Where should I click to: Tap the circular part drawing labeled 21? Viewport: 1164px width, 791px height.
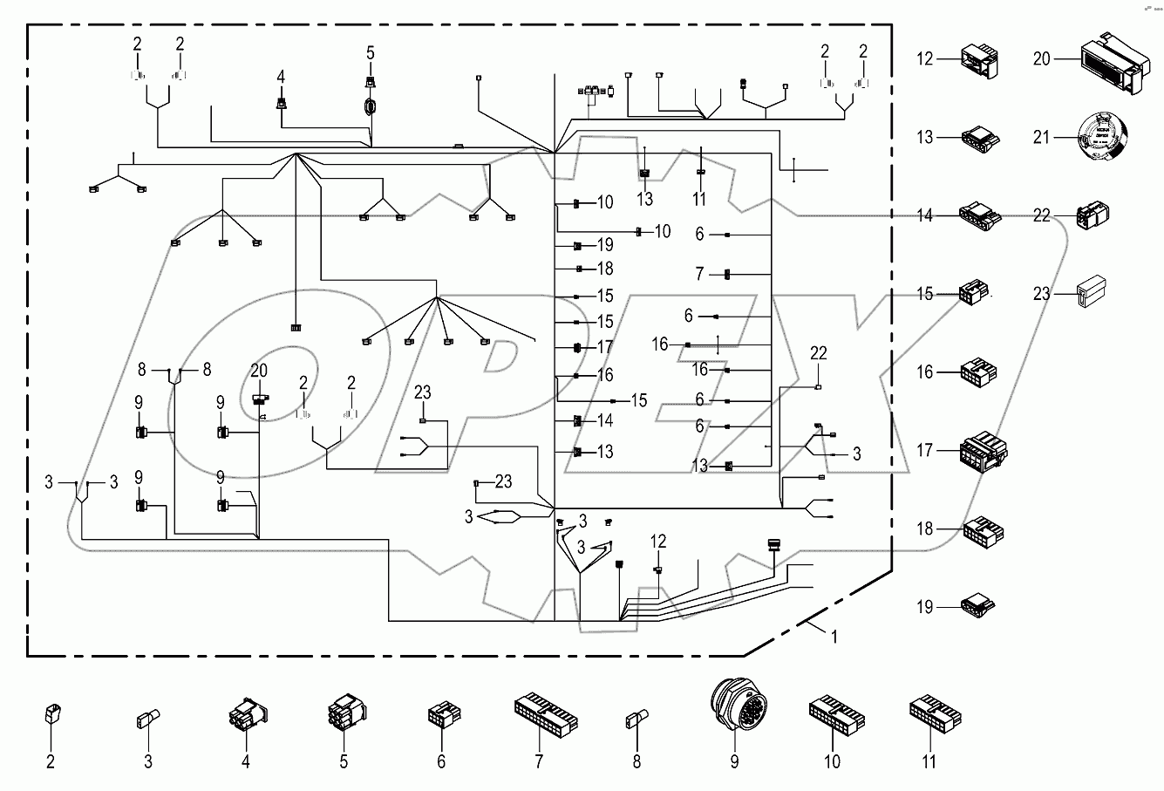pyautogui.click(x=1102, y=137)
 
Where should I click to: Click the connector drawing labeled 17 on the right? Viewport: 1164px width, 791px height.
pyautogui.click(x=983, y=452)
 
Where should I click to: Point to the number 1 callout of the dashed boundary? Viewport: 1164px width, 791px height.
pyautogui.click(x=834, y=638)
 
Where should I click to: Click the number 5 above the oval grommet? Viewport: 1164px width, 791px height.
pyautogui.click(x=369, y=53)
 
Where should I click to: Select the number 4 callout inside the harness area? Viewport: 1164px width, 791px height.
pyautogui.click(x=281, y=78)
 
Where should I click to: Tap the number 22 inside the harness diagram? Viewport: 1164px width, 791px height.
pyautogui.click(x=817, y=353)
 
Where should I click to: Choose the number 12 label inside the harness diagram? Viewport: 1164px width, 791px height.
pyautogui.click(x=657, y=542)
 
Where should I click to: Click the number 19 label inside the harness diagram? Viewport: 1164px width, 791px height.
pyautogui.click(x=605, y=246)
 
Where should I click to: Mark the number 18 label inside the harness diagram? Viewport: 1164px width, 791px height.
pyautogui.click(x=605, y=269)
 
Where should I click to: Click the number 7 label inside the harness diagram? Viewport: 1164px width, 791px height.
pyautogui.click(x=698, y=275)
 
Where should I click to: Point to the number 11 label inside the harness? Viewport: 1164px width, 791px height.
pyautogui.click(x=698, y=200)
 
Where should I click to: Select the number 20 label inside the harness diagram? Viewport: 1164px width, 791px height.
pyautogui.click(x=259, y=371)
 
